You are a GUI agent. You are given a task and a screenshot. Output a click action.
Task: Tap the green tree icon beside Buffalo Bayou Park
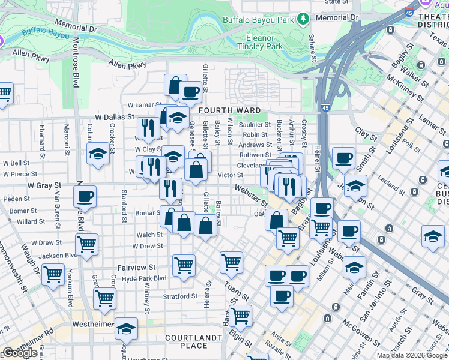pyautogui.click(x=304, y=19)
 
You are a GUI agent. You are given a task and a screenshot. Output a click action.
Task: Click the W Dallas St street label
pyautogui.click(x=114, y=117)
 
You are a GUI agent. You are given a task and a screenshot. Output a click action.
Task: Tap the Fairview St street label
pyautogui.click(x=136, y=267)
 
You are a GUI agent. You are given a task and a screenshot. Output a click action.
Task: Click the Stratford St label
pyautogui.click(x=180, y=296)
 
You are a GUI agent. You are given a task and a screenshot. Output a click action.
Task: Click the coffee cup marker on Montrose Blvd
pyautogui.click(x=85, y=196)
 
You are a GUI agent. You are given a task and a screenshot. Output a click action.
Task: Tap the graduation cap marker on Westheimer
pyautogui.click(x=126, y=328)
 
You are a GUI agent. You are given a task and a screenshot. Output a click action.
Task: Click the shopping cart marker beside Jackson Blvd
pyautogui.click(x=87, y=244)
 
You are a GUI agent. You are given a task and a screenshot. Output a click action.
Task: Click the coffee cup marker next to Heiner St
pyautogui.click(x=343, y=158)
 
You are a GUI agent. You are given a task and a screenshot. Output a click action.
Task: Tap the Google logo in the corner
pyautogui.click(x=20, y=353)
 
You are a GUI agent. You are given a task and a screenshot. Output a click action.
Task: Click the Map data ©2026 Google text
pyautogui.click(x=412, y=355)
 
